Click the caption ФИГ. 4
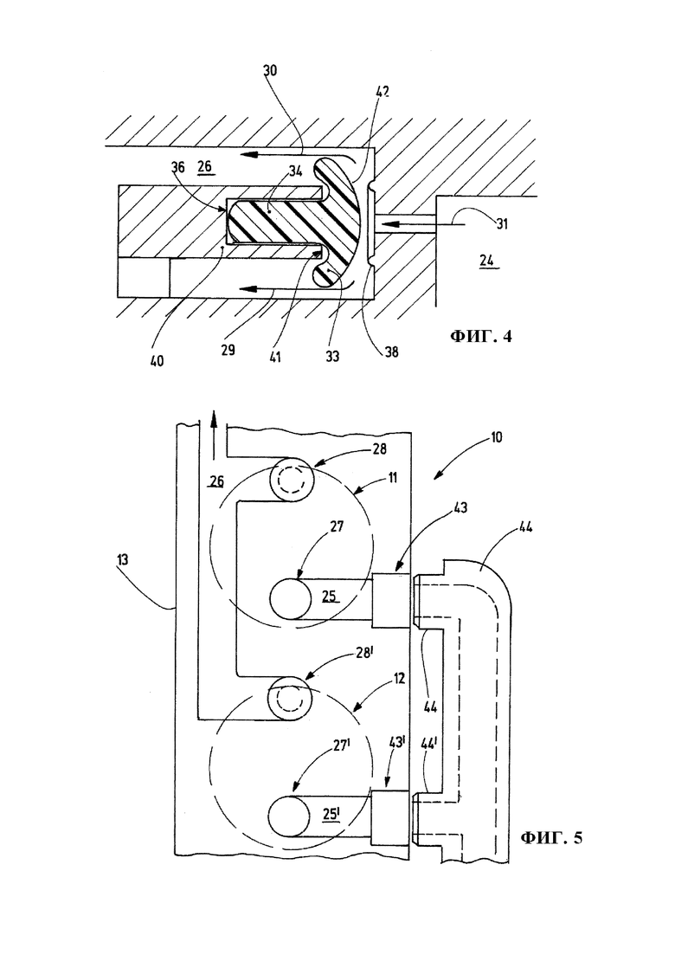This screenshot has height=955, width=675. [x=480, y=335]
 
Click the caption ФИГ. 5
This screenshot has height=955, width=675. [x=551, y=837]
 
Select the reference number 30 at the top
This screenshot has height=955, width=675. [x=270, y=70]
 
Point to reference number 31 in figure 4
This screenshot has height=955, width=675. [x=502, y=224]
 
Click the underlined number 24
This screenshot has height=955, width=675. [x=486, y=261]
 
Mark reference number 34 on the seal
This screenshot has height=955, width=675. [x=296, y=171]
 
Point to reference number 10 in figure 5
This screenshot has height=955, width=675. [x=496, y=437]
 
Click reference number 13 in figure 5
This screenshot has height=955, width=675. [x=123, y=559]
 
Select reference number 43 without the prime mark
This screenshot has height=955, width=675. [x=460, y=507]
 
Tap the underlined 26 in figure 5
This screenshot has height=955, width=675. [x=216, y=482]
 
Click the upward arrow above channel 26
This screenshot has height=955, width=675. [x=213, y=436]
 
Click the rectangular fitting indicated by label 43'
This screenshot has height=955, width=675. [x=389, y=817]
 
